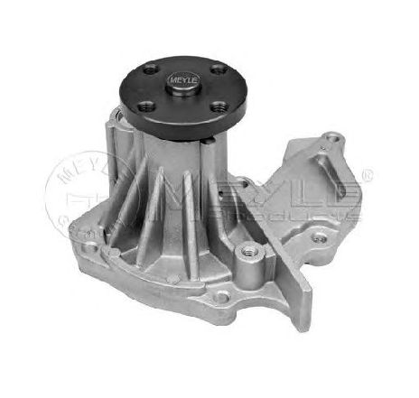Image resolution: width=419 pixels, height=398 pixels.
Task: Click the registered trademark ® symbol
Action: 367,171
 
